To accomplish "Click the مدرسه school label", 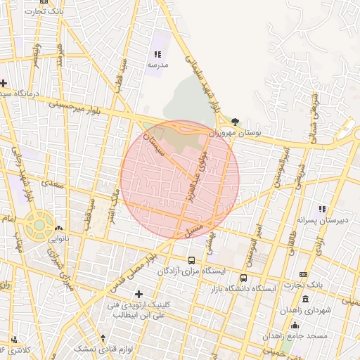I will [x=156, y=64].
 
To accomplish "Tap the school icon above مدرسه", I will [x=157, y=53].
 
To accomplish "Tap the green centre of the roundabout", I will [x=39, y=226].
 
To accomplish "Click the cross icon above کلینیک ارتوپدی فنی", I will [x=139, y=294].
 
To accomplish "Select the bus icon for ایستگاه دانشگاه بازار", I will [x=243, y=278].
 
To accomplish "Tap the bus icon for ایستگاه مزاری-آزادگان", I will [x=192, y=259].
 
